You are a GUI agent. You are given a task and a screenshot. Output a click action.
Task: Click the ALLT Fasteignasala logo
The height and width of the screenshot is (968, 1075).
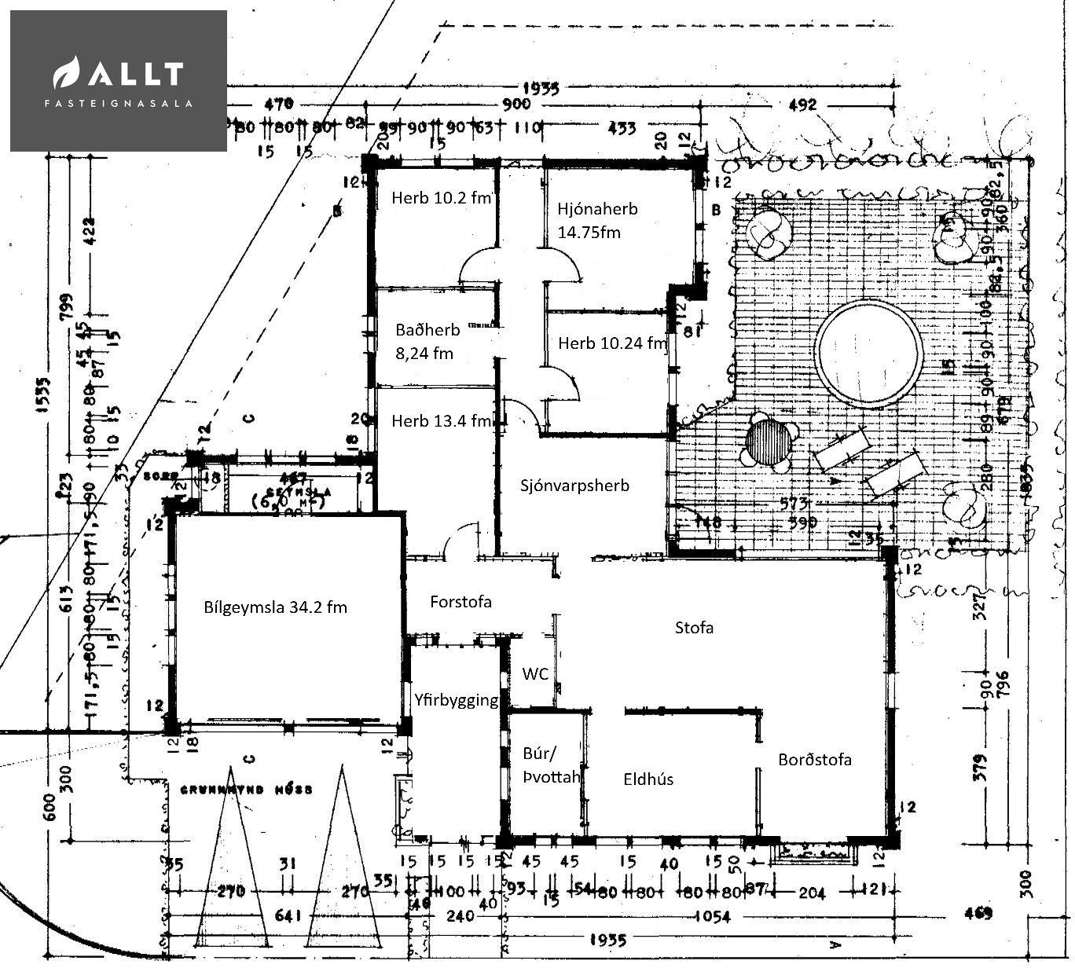[118, 80]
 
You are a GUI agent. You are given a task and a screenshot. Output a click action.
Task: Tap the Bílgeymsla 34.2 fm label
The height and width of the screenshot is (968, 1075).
[275, 607]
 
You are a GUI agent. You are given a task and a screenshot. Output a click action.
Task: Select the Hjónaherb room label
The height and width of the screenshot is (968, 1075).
[597, 220]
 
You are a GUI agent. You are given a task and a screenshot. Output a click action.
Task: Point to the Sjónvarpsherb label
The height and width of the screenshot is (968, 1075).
[574, 486]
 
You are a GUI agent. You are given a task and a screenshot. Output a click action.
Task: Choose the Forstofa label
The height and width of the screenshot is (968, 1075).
[460, 603]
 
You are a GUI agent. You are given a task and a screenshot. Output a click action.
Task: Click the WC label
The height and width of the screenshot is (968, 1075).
[535, 674]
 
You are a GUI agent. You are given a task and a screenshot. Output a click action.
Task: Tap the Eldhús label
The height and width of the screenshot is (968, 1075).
[648, 779]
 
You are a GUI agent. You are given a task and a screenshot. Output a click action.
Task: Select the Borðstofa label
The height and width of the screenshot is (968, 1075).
[815, 760]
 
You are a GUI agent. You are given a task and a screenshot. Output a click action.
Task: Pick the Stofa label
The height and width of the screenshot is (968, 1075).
[695, 628]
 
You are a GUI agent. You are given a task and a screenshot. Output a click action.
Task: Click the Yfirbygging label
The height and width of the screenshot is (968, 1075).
[457, 700]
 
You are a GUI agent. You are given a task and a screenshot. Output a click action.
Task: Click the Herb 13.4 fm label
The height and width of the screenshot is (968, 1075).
[440, 421]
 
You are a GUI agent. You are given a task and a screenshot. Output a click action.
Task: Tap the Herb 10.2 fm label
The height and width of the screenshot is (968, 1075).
[441, 198]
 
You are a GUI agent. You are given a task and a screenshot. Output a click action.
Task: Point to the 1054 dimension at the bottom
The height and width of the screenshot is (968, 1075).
[713, 916]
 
